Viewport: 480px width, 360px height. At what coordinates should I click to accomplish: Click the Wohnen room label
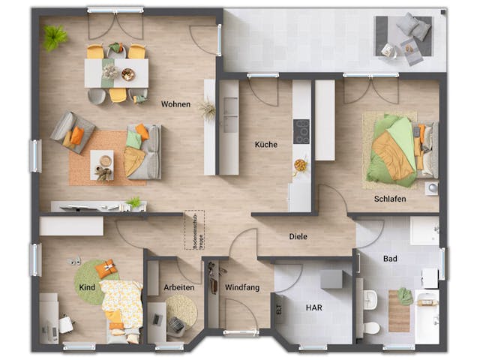pyautogui.click(x=175, y=104)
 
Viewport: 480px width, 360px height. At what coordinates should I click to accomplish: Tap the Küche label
pyautogui.click(x=265, y=145)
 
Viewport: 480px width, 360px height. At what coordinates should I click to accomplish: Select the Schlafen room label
pyautogui.click(x=390, y=199)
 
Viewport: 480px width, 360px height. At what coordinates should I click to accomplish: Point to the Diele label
pyautogui.click(x=298, y=237)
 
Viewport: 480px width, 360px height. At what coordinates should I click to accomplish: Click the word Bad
pyautogui.click(x=390, y=259)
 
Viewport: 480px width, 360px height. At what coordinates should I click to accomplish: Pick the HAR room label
pyautogui.click(x=313, y=307)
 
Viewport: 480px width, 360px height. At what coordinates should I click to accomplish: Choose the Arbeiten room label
pyautogui.click(x=178, y=287)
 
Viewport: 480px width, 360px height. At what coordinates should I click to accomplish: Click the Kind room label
pyautogui.click(x=86, y=287)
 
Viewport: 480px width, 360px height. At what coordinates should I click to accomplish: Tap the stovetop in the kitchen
pyautogui.click(x=301, y=130)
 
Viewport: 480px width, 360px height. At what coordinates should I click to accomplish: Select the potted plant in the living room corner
pyautogui.click(x=54, y=36)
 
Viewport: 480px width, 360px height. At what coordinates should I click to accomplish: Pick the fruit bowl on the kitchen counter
pyautogui.click(x=301, y=165)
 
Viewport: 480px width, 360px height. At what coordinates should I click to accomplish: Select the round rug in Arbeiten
pyautogui.click(x=181, y=310)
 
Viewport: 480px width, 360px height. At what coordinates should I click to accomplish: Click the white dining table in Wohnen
pyautogui.click(x=116, y=73)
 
